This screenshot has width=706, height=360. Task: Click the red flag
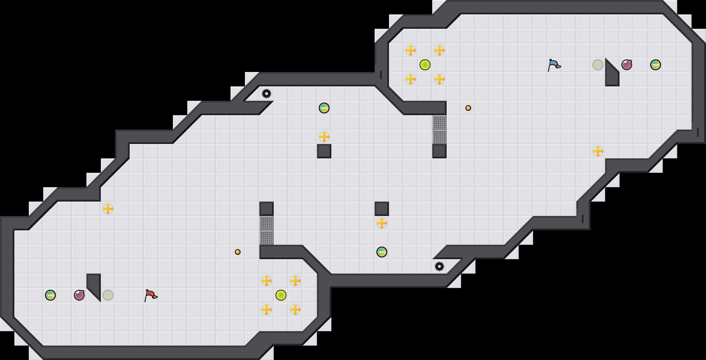(151, 295)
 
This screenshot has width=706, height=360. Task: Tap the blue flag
(554, 65)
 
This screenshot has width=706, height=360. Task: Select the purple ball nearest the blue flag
(627, 65)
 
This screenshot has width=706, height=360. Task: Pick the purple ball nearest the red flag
(79, 295)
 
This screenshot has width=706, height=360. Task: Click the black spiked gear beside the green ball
(267, 94)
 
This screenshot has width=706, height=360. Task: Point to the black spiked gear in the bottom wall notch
(439, 266)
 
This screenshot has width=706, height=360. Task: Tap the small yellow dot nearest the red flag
(238, 252)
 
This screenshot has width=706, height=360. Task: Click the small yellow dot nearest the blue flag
(468, 108)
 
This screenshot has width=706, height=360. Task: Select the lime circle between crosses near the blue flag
(425, 65)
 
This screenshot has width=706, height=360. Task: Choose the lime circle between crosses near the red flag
(281, 295)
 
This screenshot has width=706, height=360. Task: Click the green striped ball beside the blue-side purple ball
(656, 65)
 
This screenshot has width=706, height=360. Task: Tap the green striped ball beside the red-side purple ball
(50, 295)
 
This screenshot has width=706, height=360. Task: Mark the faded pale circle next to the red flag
(108, 295)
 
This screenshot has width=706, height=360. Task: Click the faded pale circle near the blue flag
(598, 65)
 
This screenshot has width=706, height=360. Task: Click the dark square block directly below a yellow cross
(324, 151)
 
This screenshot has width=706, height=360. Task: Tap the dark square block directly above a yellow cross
(382, 209)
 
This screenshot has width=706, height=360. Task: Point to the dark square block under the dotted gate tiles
(439, 151)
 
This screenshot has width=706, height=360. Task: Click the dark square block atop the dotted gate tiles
(267, 209)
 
